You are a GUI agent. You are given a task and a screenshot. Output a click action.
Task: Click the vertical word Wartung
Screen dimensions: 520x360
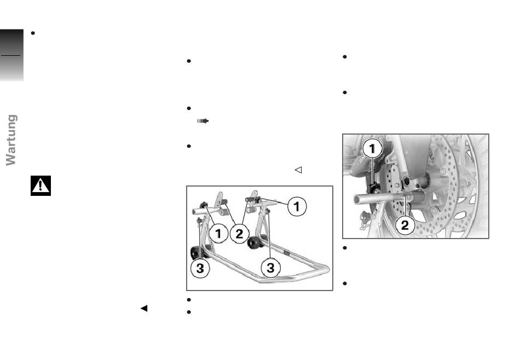pos(11,140)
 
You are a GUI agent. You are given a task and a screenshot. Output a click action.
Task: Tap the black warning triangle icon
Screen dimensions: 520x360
pos(41,185)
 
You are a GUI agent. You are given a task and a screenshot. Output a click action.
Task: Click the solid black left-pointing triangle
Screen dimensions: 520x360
pos(144,308)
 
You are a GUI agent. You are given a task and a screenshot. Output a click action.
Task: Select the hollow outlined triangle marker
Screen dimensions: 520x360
pos(298,170)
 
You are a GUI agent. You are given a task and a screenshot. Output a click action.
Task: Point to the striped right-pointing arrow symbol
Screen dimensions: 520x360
pos(203,121)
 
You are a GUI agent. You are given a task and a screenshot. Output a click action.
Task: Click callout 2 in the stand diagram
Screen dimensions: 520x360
pos(239,234)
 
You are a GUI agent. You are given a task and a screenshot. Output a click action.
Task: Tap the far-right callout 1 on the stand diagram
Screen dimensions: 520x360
pos(297,206)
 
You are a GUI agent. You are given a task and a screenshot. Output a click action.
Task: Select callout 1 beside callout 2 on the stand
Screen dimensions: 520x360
pos(218,234)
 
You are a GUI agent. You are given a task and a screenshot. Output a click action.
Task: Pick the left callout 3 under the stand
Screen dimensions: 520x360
pos(200,268)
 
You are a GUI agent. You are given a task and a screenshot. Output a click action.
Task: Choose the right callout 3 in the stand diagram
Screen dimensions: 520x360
pos(270,268)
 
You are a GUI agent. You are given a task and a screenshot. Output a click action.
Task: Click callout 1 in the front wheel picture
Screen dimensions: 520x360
pos(372,148)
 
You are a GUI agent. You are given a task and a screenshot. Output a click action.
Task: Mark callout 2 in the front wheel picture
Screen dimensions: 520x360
pos(405,225)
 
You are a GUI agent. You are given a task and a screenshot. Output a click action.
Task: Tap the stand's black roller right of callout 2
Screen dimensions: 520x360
pos(253,243)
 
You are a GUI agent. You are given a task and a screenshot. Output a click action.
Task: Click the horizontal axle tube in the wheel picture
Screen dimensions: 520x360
pos(382,199)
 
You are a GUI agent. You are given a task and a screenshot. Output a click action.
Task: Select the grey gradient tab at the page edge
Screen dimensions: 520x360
pos(11,55)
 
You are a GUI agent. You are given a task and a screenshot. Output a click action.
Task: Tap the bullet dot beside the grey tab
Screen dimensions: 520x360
pos(33,33)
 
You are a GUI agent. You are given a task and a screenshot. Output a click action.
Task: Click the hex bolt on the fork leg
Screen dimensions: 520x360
pos(406,182)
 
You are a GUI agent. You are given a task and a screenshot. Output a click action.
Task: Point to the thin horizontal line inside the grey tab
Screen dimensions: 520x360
pos(10,55)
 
